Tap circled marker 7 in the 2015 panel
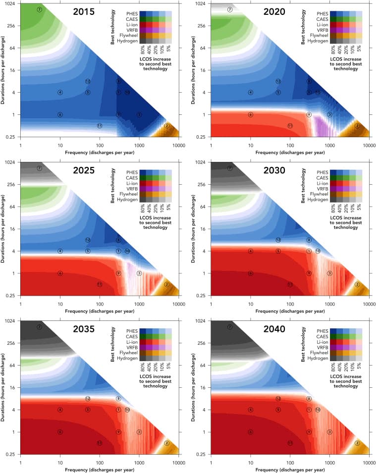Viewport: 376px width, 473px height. [40, 9]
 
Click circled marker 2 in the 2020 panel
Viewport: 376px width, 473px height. [357, 126]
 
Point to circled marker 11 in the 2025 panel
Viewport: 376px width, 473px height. [100, 284]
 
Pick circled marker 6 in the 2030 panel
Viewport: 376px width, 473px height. [251, 273]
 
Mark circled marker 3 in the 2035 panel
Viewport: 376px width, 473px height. [139, 432]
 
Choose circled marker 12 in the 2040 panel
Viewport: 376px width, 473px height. [278, 398]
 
